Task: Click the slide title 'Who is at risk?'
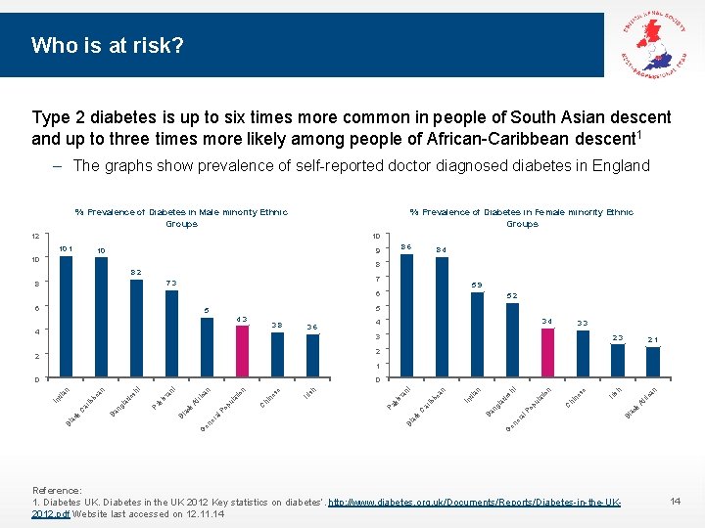tap(107, 45)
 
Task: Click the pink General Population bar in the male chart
tap(242, 352)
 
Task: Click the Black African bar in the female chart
tap(653, 362)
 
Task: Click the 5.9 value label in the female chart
tap(477, 285)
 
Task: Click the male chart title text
tap(181, 217)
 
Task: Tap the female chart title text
tap(521, 217)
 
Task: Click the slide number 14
tap(674, 501)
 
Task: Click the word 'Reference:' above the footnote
tap(57, 491)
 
